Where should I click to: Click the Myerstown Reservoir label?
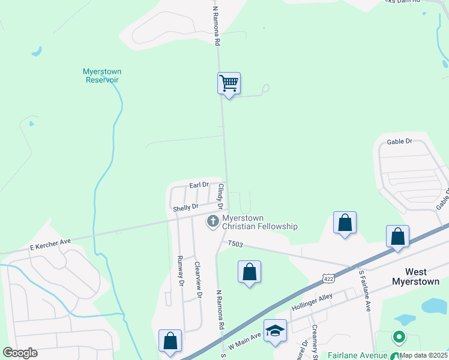[x=102, y=76]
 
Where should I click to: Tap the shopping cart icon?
[x=229, y=83]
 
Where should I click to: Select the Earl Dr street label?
[x=199, y=185]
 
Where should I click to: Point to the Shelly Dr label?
[x=185, y=208]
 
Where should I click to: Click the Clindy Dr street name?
[x=220, y=196]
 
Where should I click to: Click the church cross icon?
[x=212, y=222]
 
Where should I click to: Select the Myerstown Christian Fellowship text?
[x=259, y=222]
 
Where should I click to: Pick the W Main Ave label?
[x=244, y=343]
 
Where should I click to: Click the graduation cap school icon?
[x=276, y=331]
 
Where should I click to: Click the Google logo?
[x=20, y=353]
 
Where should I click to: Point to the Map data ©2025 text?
[x=424, y=355]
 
